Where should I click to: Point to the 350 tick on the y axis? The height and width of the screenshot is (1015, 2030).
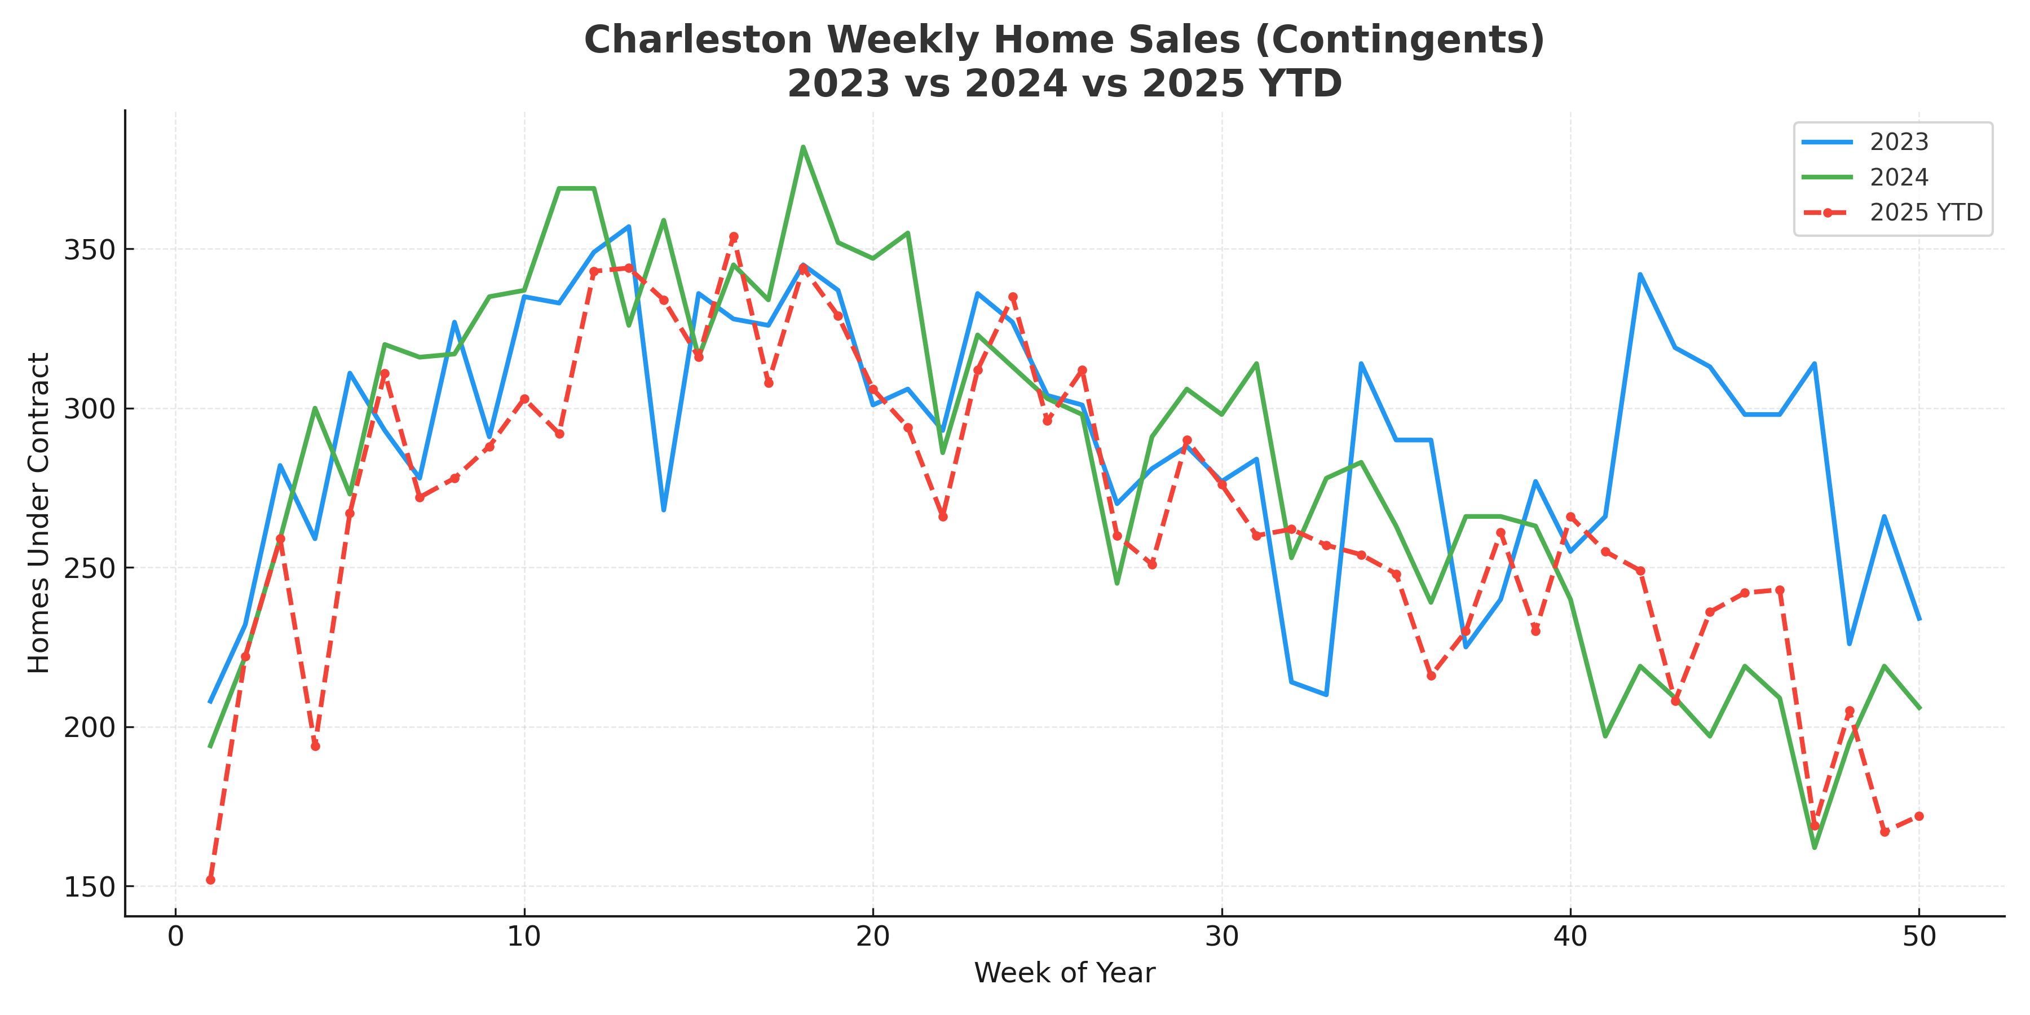(89, 250)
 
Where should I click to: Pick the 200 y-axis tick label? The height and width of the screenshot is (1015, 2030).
(89, 727)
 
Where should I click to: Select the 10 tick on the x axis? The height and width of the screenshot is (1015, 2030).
(524, 937)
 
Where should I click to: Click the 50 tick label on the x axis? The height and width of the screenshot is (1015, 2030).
(1919, 937)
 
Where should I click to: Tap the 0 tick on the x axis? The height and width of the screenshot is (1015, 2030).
(176, 937)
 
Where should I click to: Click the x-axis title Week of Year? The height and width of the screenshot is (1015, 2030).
(1064, 973)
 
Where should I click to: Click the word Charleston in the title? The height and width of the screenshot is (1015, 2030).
(698, 40)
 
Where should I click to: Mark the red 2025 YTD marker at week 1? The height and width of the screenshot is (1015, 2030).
(210, 880)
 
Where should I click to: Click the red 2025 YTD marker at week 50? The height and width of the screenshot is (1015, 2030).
(1919, 815)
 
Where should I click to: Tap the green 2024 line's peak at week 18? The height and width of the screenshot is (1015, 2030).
(803, 147)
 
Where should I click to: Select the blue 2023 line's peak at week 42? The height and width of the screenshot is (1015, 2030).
(1640, 274)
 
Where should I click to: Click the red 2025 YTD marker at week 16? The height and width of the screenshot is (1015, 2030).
(734, 236)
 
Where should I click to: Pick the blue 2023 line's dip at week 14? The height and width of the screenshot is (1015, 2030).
(664, 510)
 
